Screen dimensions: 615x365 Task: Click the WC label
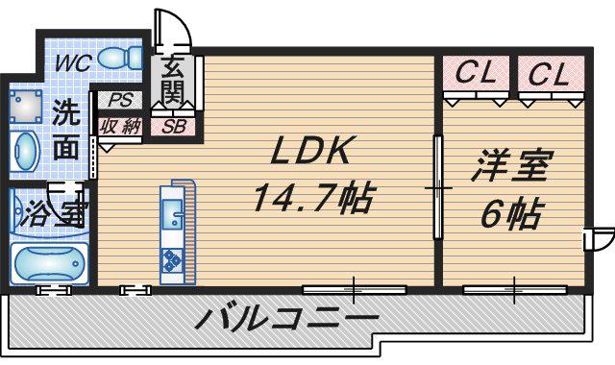73,62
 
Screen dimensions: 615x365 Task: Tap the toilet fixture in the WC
120,58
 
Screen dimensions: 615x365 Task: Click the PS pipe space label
121,100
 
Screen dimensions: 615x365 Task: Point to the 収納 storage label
120,127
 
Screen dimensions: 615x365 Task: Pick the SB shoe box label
173,126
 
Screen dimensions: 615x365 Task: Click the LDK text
309,150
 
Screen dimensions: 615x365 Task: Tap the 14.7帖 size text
312,198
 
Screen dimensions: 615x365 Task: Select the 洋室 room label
512,166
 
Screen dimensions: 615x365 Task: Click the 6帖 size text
512,214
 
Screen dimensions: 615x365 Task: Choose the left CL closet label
477,72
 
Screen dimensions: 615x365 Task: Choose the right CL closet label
549,74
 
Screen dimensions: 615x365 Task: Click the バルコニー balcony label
286,318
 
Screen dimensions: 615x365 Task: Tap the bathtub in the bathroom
49,263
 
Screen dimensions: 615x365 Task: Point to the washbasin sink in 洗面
25,152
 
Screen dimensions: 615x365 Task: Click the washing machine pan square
25,106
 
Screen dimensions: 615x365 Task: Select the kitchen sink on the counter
172,214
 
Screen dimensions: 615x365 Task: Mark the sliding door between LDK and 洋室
438,187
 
